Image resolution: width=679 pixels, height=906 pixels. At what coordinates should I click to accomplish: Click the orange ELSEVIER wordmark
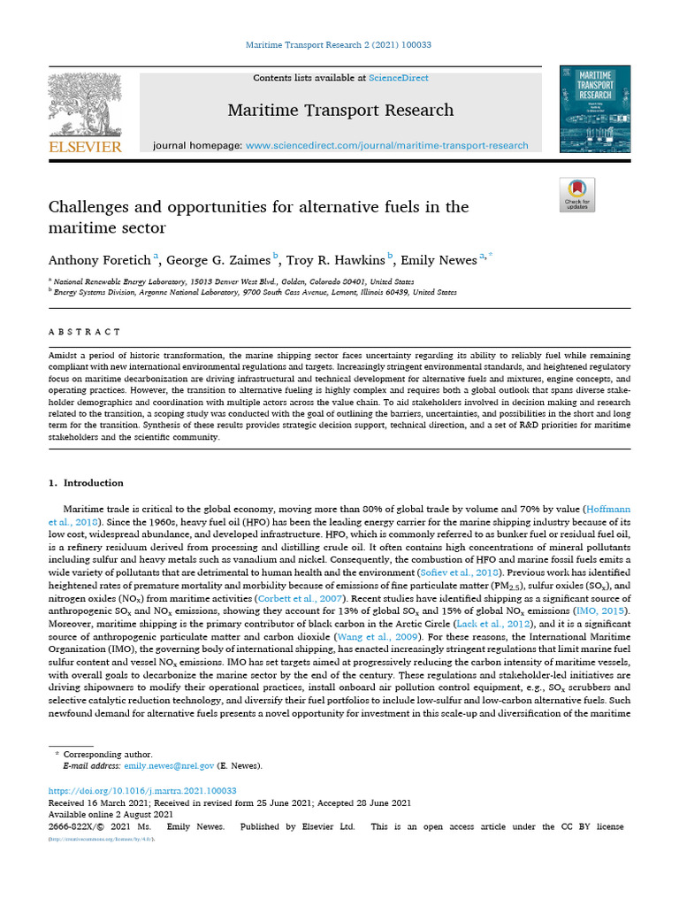click(84, 147)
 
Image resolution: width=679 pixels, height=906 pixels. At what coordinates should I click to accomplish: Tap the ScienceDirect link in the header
click(399, 78)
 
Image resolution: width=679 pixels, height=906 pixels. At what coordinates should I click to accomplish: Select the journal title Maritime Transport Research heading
click(340, 111)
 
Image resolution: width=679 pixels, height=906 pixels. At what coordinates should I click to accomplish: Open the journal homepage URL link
click(386, 145)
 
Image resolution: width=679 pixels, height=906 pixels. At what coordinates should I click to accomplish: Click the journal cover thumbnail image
click(594, 110)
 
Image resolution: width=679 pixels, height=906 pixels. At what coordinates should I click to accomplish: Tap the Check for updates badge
click(577, 195)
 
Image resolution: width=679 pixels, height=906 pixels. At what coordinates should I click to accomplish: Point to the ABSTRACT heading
click(84, 332)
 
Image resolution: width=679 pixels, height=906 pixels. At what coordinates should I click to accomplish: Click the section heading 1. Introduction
click(86, 483)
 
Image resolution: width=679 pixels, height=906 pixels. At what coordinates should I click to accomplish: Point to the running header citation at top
click(339, 45)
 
